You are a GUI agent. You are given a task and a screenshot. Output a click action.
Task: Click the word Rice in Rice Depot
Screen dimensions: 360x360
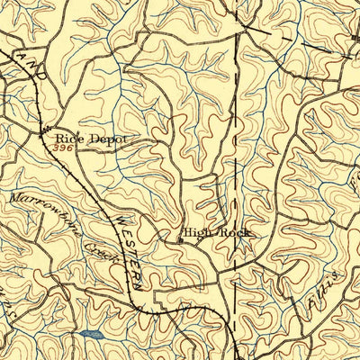68,139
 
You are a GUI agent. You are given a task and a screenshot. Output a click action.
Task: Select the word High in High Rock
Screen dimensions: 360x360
197,232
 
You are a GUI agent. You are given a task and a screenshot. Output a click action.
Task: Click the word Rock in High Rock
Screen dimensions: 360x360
233,232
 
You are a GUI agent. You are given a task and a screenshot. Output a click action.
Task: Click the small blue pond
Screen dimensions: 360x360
87,335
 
